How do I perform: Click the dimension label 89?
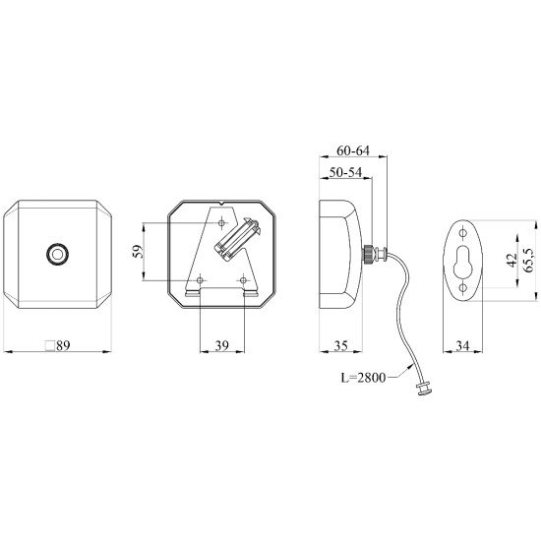tap(63, 345)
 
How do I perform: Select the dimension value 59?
tap(138, 251)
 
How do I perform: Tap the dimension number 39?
tap(222, 345)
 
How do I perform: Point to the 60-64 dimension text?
tap(353, 150)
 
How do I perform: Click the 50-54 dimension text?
tap(345, 172)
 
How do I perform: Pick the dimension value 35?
tap(341, 345)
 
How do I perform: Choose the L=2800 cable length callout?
tap(363, 378)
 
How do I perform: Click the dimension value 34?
tap(462, 345)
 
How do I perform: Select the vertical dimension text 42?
tap(511, 261)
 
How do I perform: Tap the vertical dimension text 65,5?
tap(529, 260)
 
